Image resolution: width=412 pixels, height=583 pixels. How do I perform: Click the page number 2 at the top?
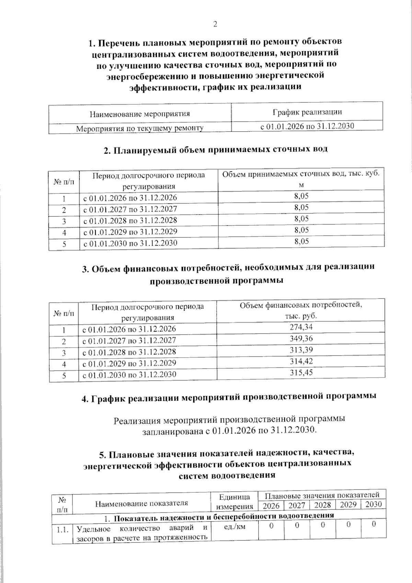215,24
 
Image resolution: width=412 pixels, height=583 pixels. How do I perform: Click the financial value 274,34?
301,327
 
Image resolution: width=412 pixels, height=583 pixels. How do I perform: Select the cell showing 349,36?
301,338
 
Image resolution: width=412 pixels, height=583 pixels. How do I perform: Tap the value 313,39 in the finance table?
301,350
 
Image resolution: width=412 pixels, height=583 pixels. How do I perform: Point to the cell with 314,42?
301,361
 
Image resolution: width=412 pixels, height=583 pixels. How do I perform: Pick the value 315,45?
301,372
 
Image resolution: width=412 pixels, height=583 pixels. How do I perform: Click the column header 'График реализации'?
307,112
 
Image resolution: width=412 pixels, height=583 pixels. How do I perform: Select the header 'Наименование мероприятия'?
140,114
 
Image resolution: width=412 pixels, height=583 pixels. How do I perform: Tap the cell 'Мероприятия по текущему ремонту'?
140,128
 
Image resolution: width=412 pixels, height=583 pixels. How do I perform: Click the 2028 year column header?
322,505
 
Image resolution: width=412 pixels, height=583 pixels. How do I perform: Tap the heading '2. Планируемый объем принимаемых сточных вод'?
216,149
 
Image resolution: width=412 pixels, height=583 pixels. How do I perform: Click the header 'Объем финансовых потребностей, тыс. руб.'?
301,310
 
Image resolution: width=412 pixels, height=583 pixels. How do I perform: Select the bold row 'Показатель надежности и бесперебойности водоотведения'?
224,516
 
